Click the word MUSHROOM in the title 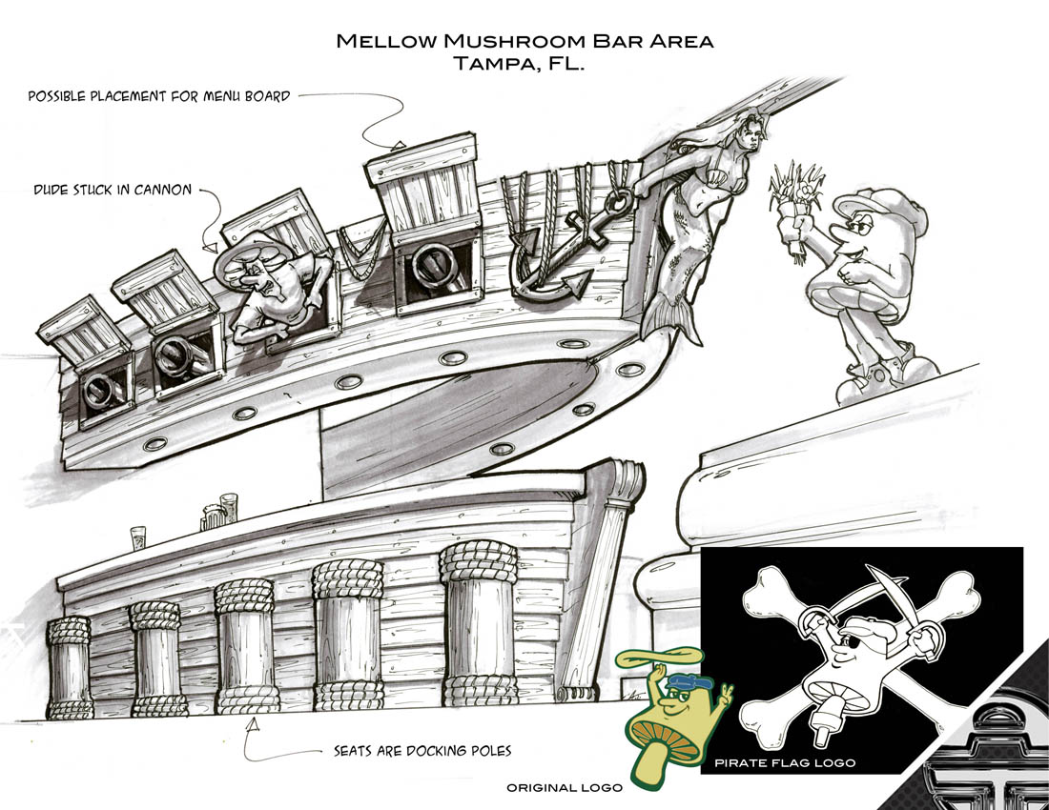tap(512, 41)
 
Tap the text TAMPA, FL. tap(519, 64)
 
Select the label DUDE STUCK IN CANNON tap(113, 190)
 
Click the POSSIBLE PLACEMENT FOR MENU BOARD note tap(159, 96)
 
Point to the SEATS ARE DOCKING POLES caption tap(422, 751)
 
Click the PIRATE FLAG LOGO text tap(784, 762)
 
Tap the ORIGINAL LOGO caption tap(564, 787)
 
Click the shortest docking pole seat tap(69, 667)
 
